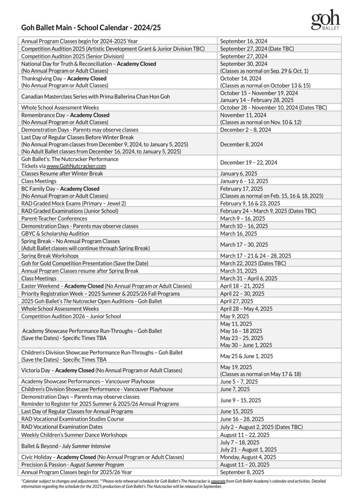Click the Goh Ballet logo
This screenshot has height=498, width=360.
point(325,20)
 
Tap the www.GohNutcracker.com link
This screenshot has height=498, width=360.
point(76,166)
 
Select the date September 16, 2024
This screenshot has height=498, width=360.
point(244,41)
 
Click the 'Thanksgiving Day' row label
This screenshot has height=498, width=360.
point(64,79)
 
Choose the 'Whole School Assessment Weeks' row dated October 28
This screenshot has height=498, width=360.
point(60,108)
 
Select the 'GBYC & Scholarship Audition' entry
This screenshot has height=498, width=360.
point(55,234)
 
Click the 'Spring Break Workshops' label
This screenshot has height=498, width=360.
point(50,256)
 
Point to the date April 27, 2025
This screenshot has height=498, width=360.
point(237,301)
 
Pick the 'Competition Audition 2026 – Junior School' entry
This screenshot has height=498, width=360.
point(71,316)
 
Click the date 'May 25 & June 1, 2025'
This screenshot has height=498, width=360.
point(246,356)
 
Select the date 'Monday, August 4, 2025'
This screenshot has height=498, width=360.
point(248,457)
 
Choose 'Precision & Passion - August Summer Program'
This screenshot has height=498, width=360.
point(72,465)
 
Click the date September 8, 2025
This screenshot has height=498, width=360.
point(242,472)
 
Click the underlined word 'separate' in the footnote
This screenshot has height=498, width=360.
point(218,481)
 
